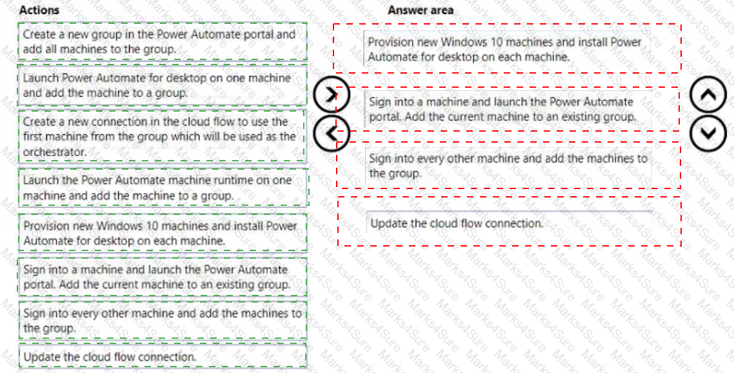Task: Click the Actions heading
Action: [39, 10]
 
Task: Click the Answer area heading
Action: [421, 10]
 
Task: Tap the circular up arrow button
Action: [709, 95]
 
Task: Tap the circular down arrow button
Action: [709, 133]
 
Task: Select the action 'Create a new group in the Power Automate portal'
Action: [163, 41]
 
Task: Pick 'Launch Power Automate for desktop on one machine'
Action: [163, 85]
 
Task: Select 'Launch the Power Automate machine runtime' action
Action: [163, 187]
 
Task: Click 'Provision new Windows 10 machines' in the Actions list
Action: [163, 233]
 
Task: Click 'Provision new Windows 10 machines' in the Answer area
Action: [507, 49]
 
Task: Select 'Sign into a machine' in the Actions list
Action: [163, 276]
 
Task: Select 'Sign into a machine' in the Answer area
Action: [508, 108]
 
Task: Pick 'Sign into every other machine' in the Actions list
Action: [163, 320]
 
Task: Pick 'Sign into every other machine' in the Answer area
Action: [508, 165]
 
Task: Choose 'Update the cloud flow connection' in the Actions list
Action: [163, 356]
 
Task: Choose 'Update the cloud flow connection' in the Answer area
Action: [510, 222]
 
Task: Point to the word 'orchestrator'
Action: [55, 152]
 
